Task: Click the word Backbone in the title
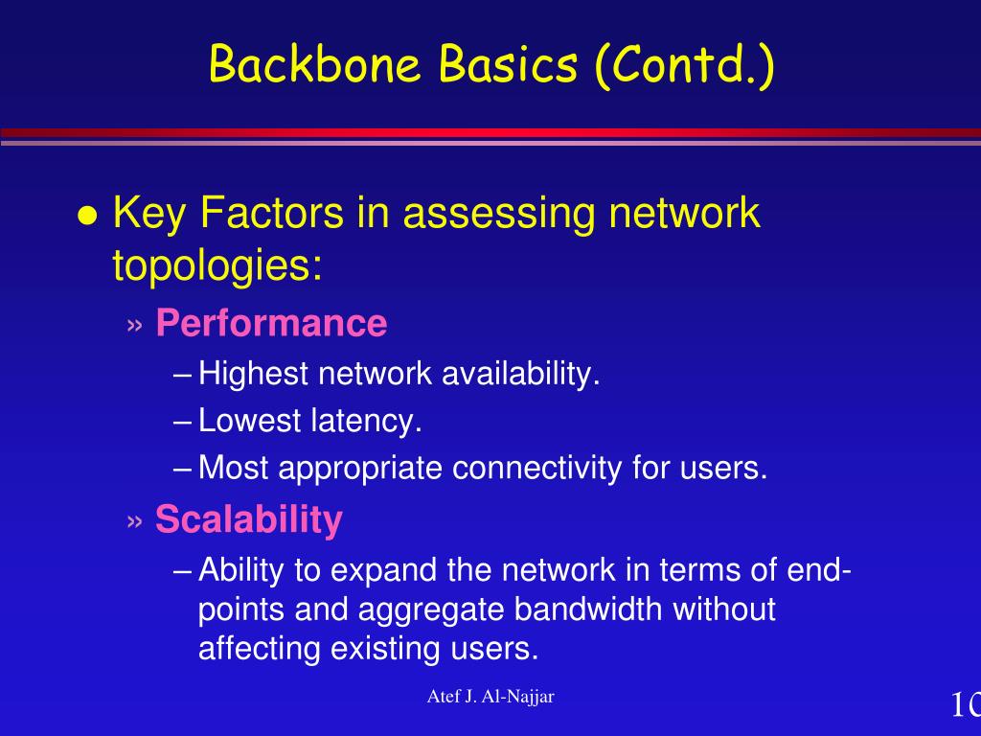[316, 65]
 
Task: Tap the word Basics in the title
[509, 65]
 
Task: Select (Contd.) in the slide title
[683, 65]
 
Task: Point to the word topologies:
[217, 265]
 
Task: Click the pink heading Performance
[271, 324]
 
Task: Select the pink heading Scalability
[248, 519]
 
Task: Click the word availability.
[520, 374]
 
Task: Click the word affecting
[260, 649]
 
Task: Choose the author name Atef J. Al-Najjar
[490, 697]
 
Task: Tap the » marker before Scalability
[135, 520]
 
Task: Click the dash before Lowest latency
[185, 422]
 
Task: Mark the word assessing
[498, 214]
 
